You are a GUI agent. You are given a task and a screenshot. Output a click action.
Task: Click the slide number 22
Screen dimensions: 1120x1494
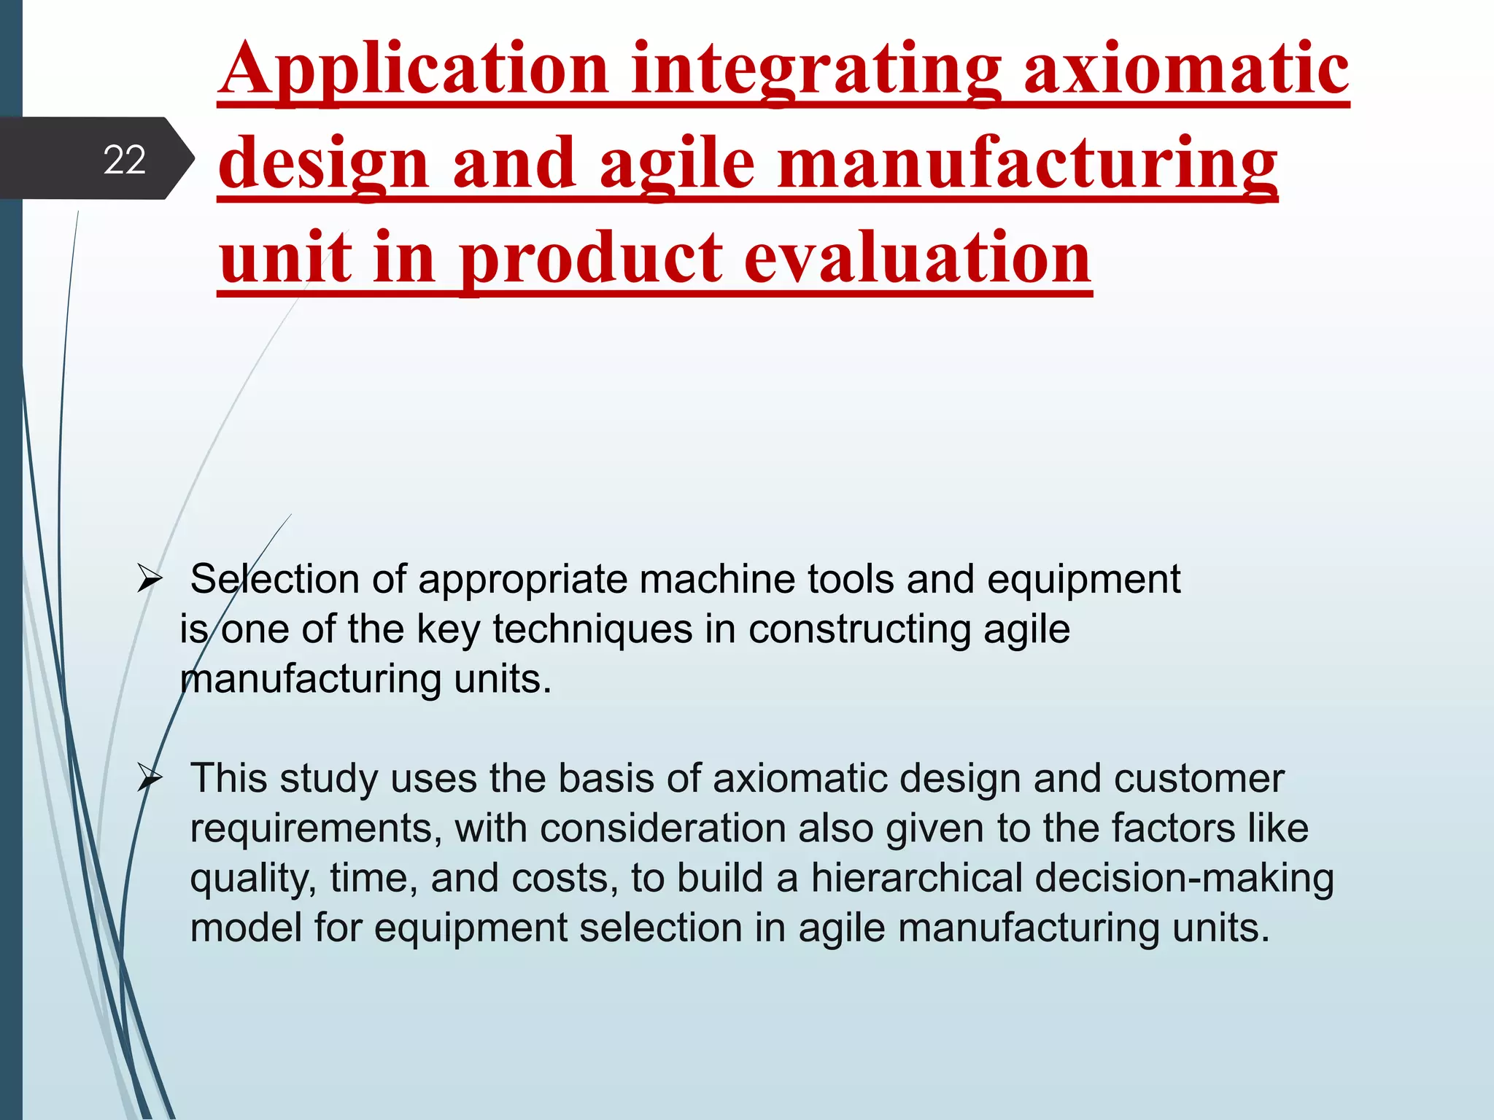point(125,160)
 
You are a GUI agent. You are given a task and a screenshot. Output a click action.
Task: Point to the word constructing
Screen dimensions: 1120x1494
point(859,629)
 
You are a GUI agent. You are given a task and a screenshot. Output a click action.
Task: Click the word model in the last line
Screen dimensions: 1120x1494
point(246,928)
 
